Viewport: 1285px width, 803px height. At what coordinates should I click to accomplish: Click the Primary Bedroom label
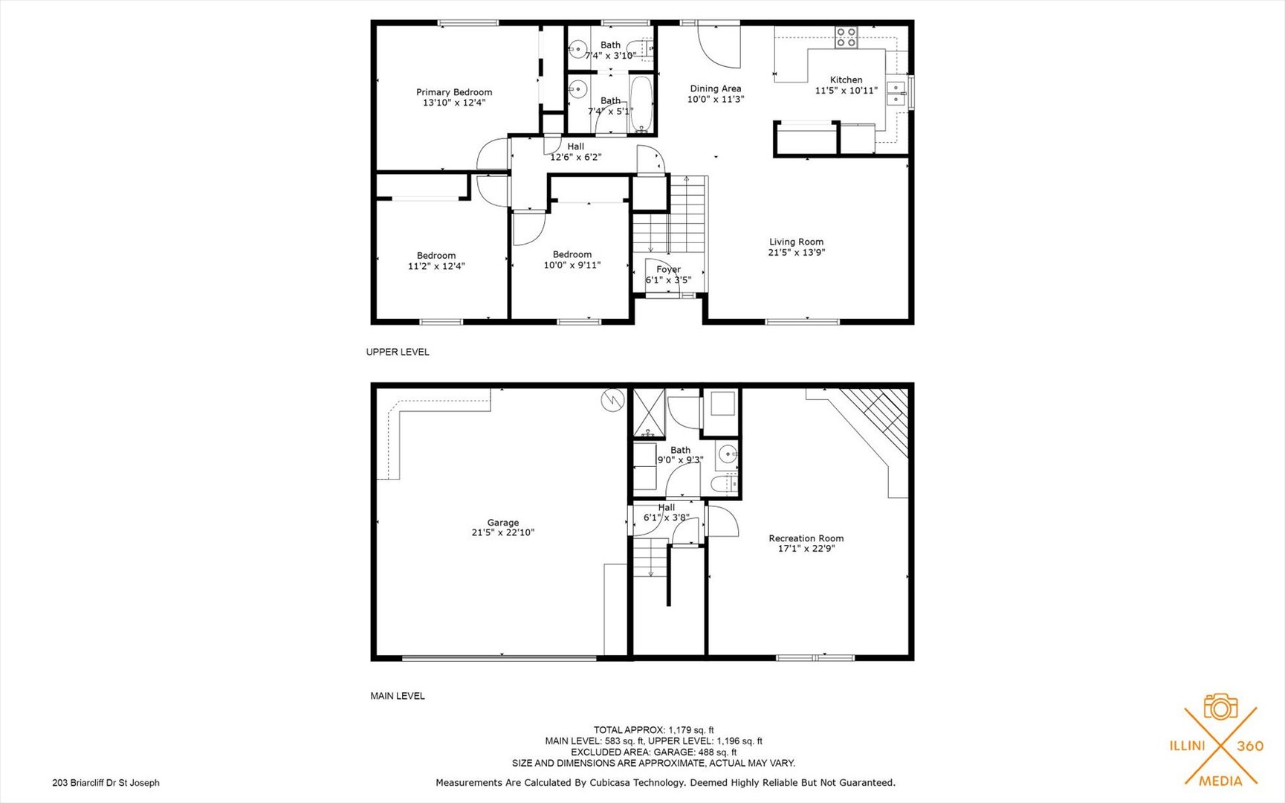(453, 92)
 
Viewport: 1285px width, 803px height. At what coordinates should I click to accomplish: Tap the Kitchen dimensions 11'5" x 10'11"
(846, 91)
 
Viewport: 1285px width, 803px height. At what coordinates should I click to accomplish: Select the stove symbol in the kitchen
(846, 37)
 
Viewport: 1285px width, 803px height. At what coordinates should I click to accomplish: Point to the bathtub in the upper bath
(641, 105)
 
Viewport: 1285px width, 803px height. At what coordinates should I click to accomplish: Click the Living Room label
(796, 242)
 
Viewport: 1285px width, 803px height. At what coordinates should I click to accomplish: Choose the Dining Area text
(715, 88)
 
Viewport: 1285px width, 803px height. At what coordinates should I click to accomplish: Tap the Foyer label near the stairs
(668, 269)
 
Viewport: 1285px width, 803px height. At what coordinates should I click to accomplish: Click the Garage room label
(502, 523)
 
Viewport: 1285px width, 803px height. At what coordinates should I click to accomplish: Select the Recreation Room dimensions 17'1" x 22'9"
(806, 549)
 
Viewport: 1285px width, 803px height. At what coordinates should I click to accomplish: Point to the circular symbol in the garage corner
(612, 400)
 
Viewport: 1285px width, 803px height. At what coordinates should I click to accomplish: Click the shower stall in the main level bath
(649, 413)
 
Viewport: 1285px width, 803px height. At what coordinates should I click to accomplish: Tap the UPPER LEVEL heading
(398, 352)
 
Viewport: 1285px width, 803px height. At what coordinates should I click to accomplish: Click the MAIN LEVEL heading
(398, 696)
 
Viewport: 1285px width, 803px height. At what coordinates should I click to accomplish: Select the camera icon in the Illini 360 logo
(1220, 706)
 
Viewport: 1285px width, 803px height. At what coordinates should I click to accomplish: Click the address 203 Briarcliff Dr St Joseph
(106, 782)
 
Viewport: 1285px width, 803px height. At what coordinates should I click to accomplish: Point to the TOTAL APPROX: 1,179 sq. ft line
(653, 730)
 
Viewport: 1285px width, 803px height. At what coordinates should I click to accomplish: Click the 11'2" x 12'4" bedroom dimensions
(436, 266)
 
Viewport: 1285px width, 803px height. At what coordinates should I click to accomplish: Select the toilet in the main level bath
(724, 485)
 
